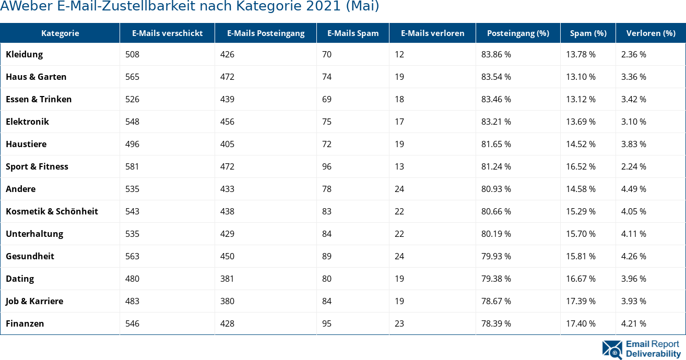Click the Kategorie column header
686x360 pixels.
click(60, 33)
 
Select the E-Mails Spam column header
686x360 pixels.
click(353, 33)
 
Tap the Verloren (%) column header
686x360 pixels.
click(650, 33)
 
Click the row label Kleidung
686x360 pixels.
click(25, 54)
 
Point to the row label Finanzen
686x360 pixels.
click(25, 323)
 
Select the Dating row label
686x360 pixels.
click(20, 279)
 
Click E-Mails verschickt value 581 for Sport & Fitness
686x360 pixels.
click(133, 166)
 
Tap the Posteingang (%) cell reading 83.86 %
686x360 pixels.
click(496, 54)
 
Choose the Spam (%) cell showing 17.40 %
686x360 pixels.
click(581, 323)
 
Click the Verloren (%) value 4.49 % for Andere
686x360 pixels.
click(634, 189)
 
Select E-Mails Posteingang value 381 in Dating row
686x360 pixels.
click(227, 279)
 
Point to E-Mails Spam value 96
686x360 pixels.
click(327, 166)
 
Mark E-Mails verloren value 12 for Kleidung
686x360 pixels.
click(399, 54)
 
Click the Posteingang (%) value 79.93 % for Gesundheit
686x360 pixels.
click(496, 256)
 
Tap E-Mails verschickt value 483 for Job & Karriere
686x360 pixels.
click(133, 301)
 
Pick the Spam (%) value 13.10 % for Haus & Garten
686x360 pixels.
click(581, 77)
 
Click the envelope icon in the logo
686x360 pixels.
click(612, 350)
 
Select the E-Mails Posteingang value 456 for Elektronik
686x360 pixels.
click(227, 122)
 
